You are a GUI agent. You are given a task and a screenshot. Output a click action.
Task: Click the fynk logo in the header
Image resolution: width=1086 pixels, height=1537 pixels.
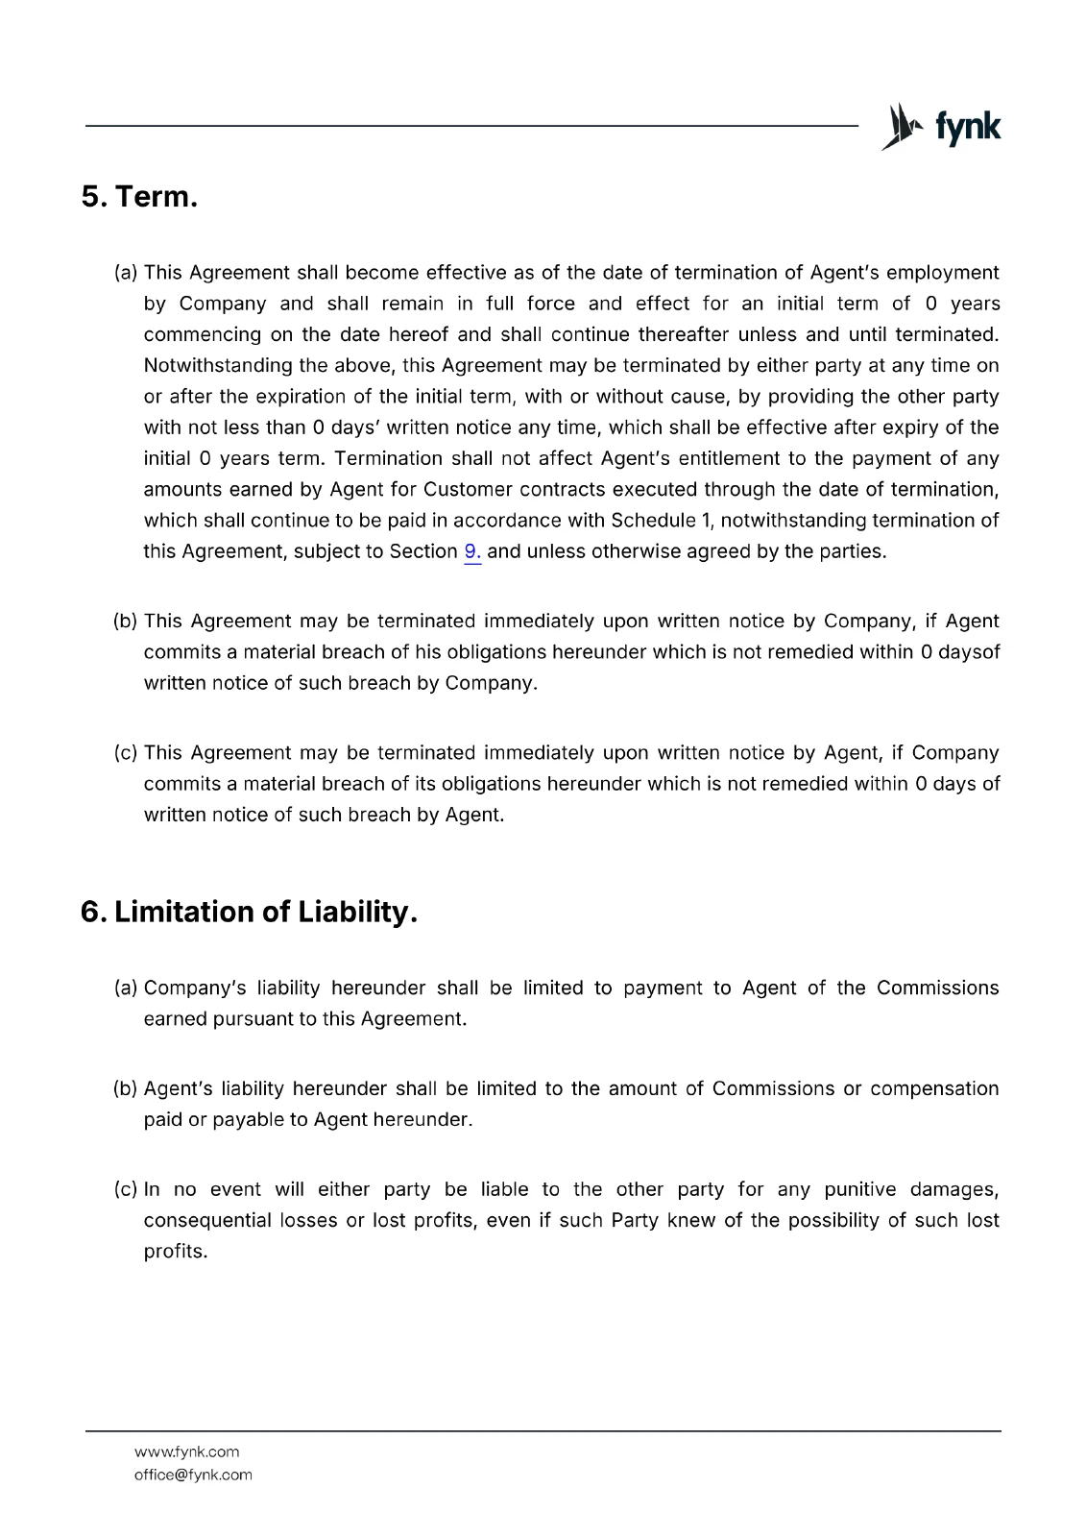point(941,126)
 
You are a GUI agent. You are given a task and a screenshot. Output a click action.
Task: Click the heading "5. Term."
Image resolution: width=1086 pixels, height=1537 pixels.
point(139,197)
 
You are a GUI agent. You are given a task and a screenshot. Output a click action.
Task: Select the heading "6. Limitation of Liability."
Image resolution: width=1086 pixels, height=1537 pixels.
point(249,912)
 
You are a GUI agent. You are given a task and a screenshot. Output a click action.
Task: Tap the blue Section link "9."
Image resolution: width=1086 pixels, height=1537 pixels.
point(472,552)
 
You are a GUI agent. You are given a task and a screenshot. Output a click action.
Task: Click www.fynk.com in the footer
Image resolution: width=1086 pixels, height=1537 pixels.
point(186,1452)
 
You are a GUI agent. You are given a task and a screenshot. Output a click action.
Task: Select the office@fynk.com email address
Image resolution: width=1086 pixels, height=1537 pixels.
point(193,1475)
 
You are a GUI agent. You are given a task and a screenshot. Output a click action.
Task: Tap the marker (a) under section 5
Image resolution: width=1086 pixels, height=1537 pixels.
point(126,273)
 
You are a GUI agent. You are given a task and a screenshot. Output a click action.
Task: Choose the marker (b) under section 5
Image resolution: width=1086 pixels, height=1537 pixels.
point(126,622)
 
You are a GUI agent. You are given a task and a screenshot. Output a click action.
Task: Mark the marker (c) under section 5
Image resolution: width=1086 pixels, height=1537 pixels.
point(126,753)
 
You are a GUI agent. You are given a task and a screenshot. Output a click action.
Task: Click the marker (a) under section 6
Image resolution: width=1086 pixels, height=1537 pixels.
point(126,988)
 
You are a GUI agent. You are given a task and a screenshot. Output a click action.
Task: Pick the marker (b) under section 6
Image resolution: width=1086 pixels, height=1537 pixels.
point(126,1089)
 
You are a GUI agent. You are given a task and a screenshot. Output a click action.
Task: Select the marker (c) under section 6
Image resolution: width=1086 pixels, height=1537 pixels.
point(126,1190)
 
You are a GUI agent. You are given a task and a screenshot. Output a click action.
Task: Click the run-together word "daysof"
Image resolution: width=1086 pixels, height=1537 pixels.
point(969,652)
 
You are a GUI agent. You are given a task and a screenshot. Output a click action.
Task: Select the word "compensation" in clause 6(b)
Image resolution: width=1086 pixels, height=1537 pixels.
point(934,1089)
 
